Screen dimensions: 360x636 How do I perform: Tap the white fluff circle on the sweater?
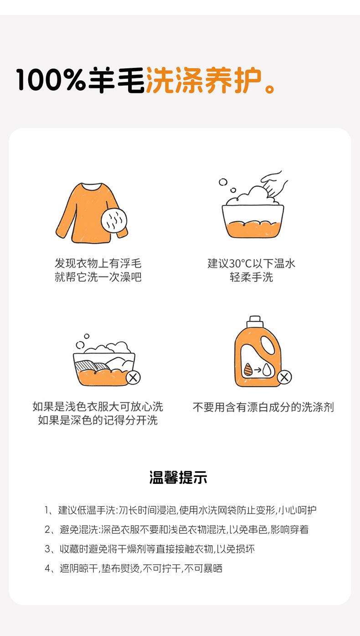114,221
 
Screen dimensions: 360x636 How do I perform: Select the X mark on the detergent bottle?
284,377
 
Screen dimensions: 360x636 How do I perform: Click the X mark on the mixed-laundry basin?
133,378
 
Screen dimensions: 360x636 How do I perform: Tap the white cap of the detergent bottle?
255,321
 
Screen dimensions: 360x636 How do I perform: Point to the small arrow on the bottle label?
257,369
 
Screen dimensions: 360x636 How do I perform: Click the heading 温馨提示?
178,477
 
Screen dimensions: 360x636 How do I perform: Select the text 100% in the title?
51,80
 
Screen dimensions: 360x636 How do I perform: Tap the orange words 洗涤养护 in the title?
203,80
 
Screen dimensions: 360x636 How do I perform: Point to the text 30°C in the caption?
241,264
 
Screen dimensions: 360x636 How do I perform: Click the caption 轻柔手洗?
251,277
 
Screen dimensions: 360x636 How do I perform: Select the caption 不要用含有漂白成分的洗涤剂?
263,407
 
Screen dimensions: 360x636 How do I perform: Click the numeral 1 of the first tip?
47,510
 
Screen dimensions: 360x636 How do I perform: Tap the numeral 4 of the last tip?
48,568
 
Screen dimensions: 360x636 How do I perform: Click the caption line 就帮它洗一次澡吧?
98,277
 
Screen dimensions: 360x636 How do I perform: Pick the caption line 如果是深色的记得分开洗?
98,420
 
